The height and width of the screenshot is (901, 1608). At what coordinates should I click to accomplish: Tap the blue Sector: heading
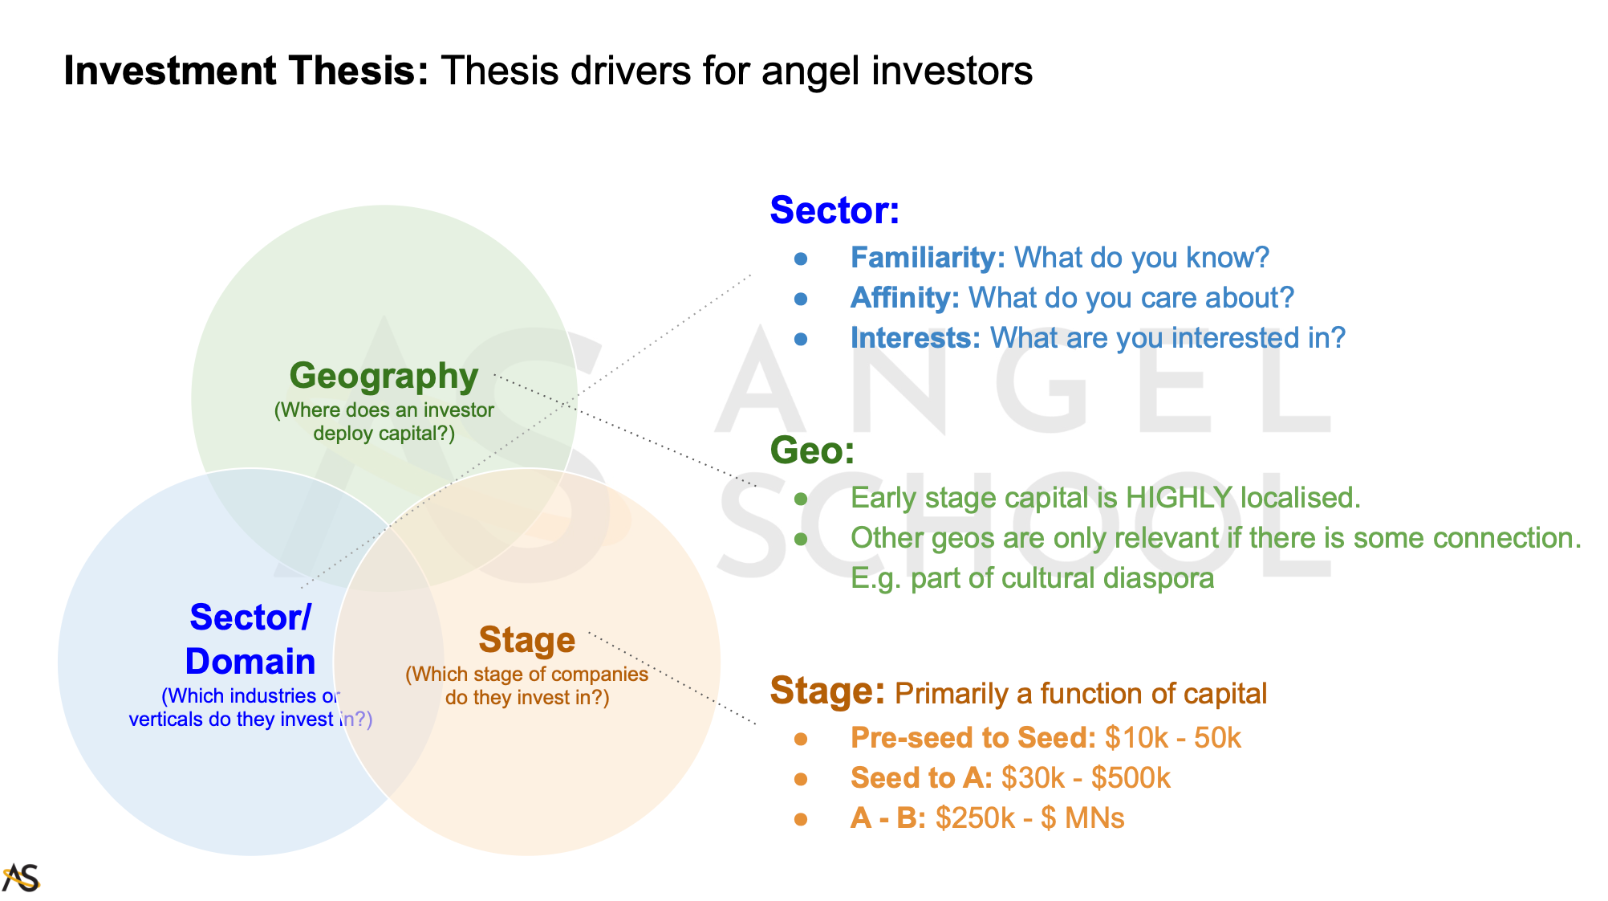tap(834, 210)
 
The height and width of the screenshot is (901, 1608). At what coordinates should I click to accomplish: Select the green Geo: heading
tap(812, 450)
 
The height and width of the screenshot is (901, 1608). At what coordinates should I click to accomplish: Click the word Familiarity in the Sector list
tap(928, 258)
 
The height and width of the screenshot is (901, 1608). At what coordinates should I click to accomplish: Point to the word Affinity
tap(905, 298)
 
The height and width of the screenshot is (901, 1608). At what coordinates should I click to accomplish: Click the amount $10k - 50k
tap(1172, 738)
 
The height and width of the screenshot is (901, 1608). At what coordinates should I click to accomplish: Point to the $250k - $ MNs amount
tap(1030, 818)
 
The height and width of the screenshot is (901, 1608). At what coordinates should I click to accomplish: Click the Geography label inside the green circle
tap(384, 376)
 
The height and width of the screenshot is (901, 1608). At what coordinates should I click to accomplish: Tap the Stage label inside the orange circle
tap(527, 640)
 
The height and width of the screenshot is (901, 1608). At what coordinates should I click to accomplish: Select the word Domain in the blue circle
tap(250, 662)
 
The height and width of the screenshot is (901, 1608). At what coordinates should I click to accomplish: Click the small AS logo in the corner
tap(21, 878)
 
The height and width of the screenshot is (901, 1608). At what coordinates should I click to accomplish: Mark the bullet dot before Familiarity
tap(801, 259)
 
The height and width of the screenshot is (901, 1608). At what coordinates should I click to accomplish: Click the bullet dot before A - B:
tap(801, 819)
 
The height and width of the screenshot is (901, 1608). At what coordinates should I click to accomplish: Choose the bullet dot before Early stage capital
tap(801, 499)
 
